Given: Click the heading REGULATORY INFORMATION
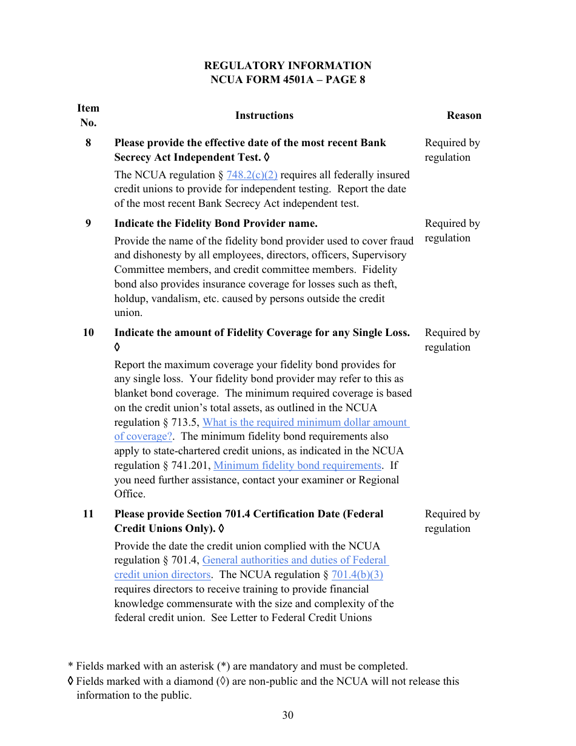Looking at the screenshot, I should [x=287, y=66].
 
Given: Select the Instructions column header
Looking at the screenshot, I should [x=264, y=115].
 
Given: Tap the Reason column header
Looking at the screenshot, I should [x=464, y=115].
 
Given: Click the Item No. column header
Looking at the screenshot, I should [x=88, y=115].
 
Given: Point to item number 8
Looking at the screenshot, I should [x=89, y=143].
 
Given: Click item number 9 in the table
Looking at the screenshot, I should [x=89, y=224].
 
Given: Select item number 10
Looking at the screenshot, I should [x=89, y=333].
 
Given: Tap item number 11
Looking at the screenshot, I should [x=89, y=514].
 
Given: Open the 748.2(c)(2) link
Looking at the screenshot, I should [x=252, y=175].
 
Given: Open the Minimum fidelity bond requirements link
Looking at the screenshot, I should [x=297, y=466].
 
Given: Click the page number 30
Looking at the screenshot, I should [x=287, y=715].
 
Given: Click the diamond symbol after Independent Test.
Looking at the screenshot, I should [x=267, y=158].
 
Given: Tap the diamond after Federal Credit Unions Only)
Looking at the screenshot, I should [x=221, y=529].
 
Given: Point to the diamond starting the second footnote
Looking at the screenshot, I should [x=71, y=681].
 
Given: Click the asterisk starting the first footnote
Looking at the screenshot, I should [x=70, y=667].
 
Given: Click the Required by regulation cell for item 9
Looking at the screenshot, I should [x=452, y=231].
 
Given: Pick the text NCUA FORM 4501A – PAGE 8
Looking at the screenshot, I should [x=287, y=80].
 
